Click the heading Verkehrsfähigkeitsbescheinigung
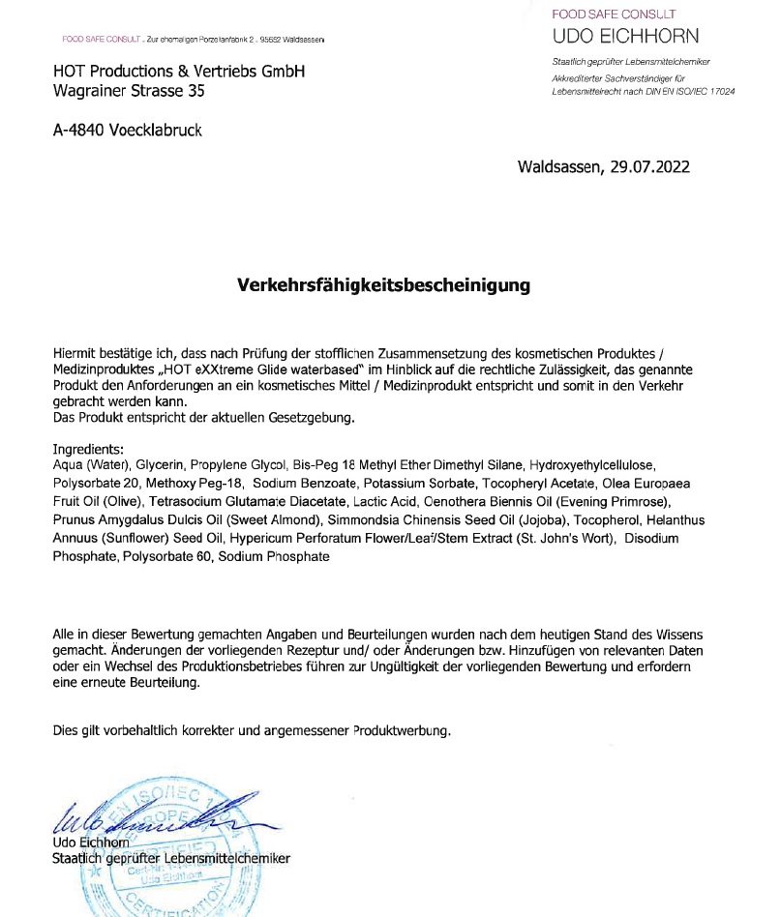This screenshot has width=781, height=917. coord(384,285)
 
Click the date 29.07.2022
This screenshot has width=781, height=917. coord(649,166)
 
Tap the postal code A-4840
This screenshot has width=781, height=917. coord(80,130)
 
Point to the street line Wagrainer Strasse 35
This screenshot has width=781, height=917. coord(129,92)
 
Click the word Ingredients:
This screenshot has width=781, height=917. coord(89,450)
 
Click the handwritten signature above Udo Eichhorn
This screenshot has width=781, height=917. coord(145,820)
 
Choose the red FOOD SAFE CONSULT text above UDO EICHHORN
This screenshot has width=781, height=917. coord(614,15)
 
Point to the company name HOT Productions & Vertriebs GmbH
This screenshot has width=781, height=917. coord(179,72)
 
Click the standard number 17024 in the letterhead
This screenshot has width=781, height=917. coord(717,90)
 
